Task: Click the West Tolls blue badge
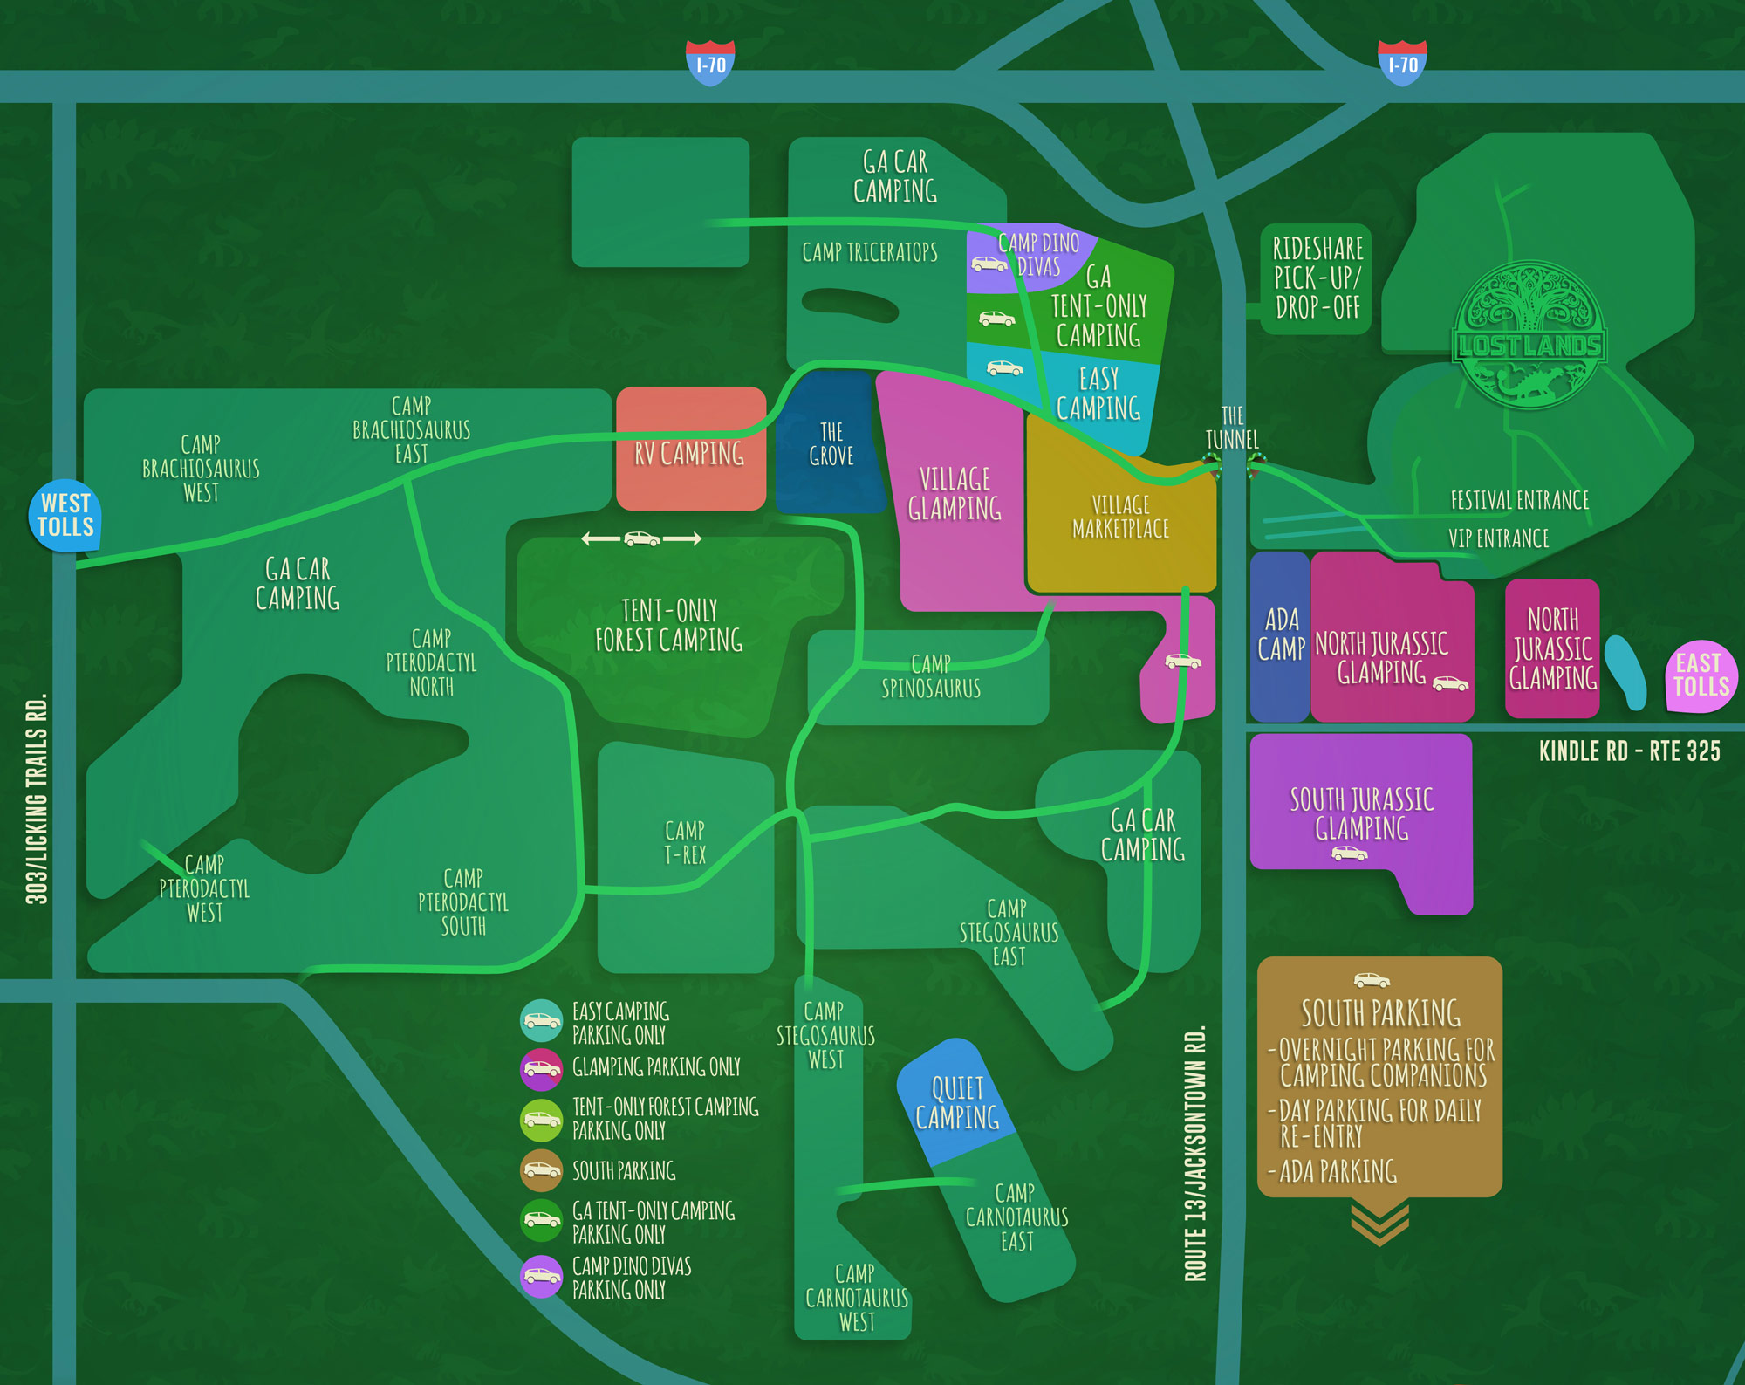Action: tap(65, 515)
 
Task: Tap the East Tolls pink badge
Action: tap(1701, 675)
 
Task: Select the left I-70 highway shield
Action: tap(710, 64)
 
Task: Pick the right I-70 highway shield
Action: tap(1402, 64)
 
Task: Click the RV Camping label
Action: tap(689, 454)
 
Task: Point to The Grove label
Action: tap(831, 444)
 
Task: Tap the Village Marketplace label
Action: tap(1120, 517)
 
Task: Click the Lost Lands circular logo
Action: tap(1529, 336)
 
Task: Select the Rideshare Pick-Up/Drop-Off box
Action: tap(1317, 278)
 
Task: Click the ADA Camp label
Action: tap(1281, 634)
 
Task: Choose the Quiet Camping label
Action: tap(957, 1103)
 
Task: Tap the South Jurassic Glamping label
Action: tap(1361, 813)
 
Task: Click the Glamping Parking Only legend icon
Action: tap(542, 1068)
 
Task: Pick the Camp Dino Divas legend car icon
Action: tap(542, 1277)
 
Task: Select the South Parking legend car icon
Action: tap(542, 1170)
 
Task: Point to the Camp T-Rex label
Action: tap(685, 843)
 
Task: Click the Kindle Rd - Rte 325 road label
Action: tap(1629, 751)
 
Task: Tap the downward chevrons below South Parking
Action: tap(1379, 1223)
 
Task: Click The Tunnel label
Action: tap(1232, 428)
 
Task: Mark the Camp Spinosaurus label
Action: tap(931, 676)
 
